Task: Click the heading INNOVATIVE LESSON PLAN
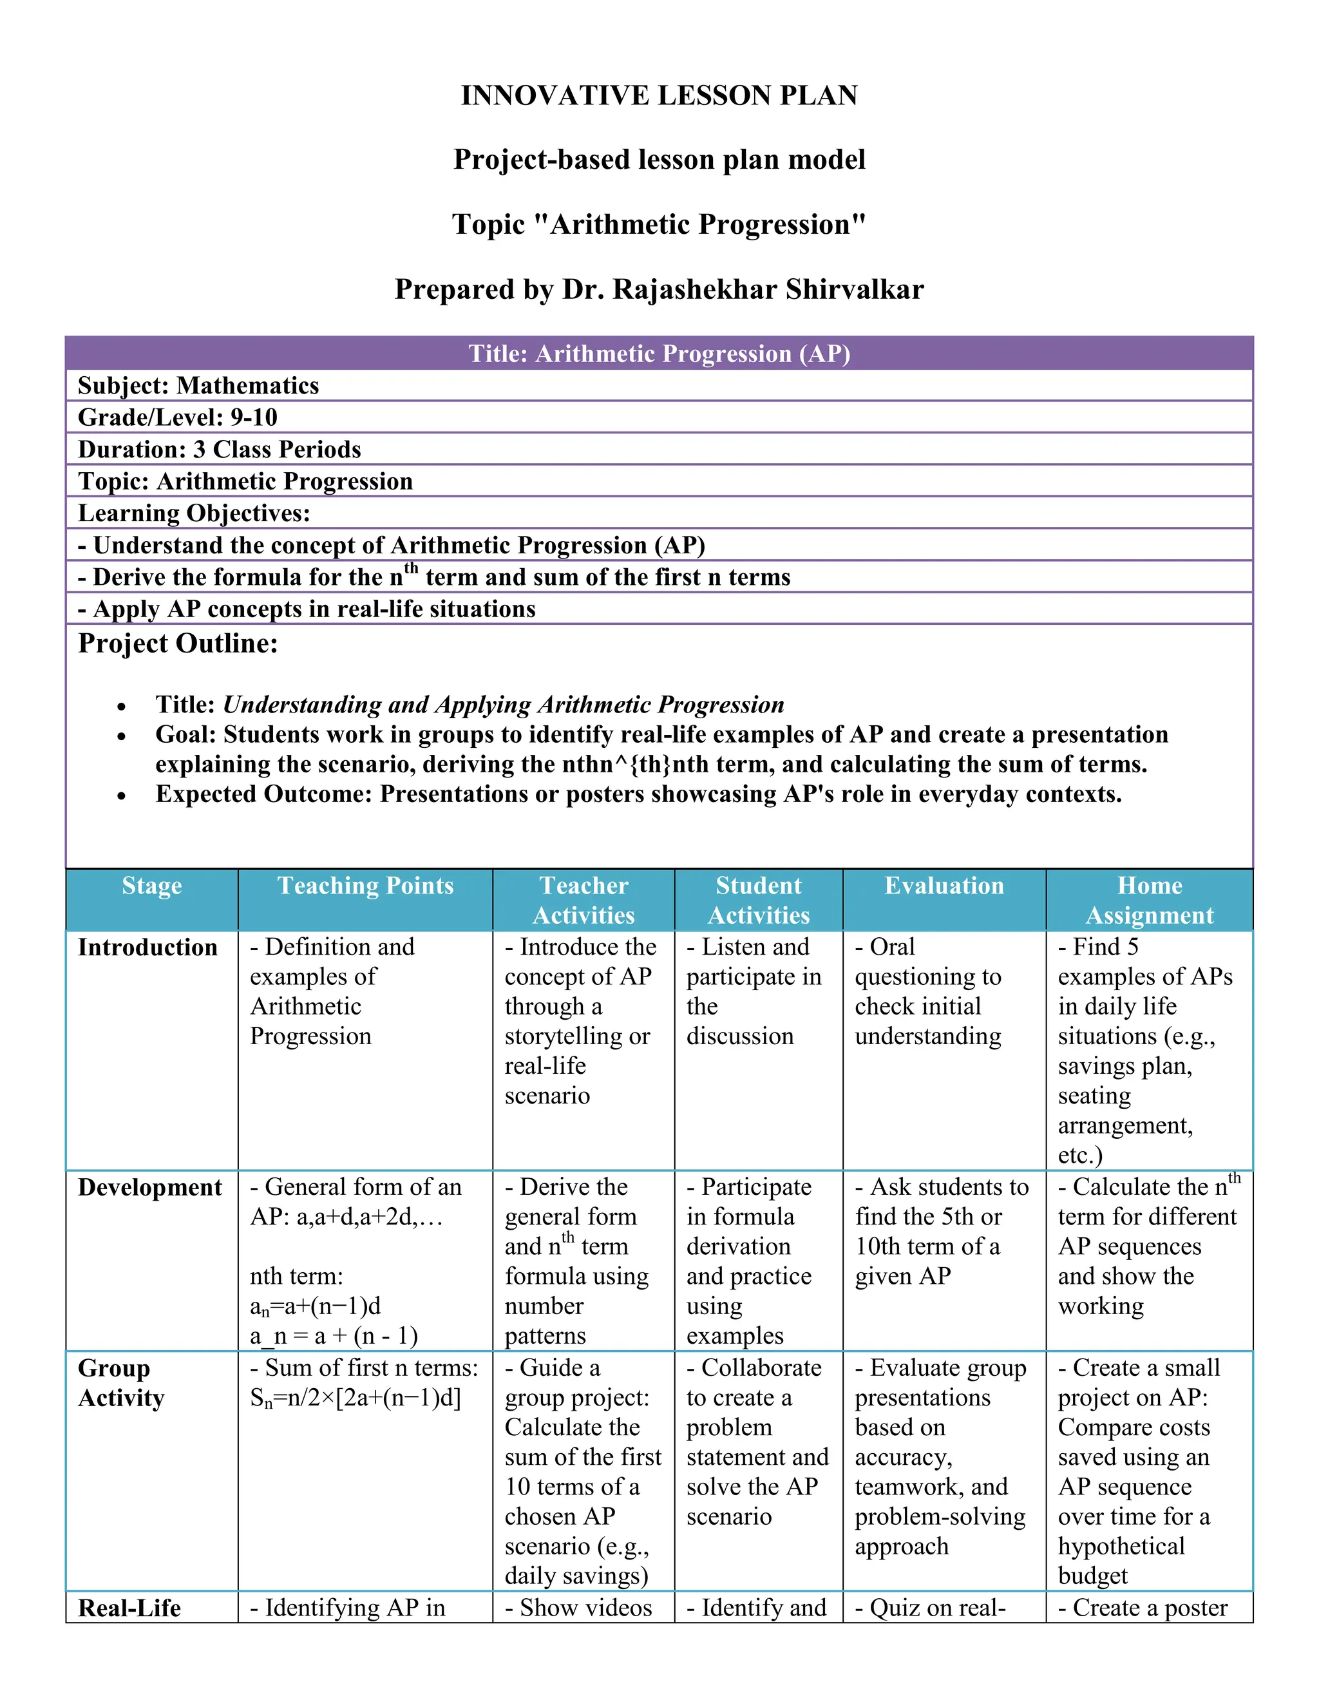[659, 95]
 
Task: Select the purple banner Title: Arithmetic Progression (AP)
[659, 353]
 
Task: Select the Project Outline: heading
[178, 644]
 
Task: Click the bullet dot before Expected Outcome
[121, 796]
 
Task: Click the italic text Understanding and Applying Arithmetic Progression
[503, 704]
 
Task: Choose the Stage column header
[151, 886]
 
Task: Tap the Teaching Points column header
[365, 886]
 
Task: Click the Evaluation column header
[944, 886]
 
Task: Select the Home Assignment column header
[1150, 900]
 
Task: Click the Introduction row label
[147, 948]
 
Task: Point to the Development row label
[150, 1187]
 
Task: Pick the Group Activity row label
[121, 1382]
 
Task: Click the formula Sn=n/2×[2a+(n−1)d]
[356, 1398]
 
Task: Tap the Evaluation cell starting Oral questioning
[927, 991]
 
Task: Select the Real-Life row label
[129, 1608]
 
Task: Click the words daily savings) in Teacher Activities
[576, 1576]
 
